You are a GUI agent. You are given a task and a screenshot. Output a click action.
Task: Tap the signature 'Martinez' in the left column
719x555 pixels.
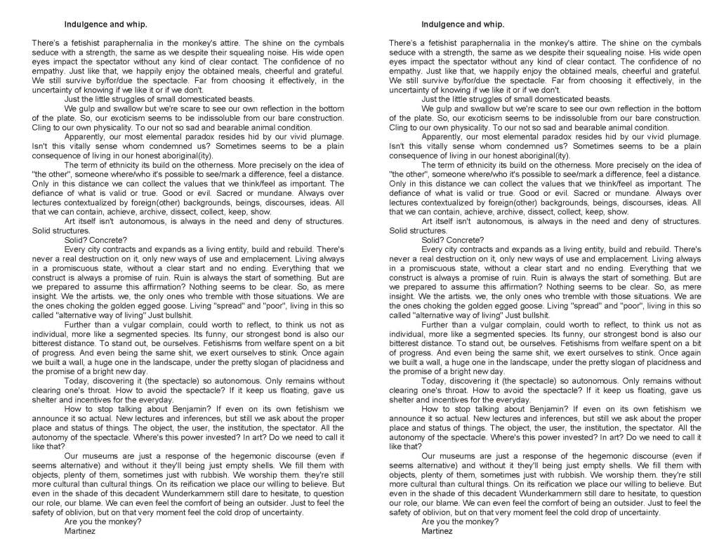coord(79,531)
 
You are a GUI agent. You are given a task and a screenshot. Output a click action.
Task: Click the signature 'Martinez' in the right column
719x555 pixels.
coord(437,531)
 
